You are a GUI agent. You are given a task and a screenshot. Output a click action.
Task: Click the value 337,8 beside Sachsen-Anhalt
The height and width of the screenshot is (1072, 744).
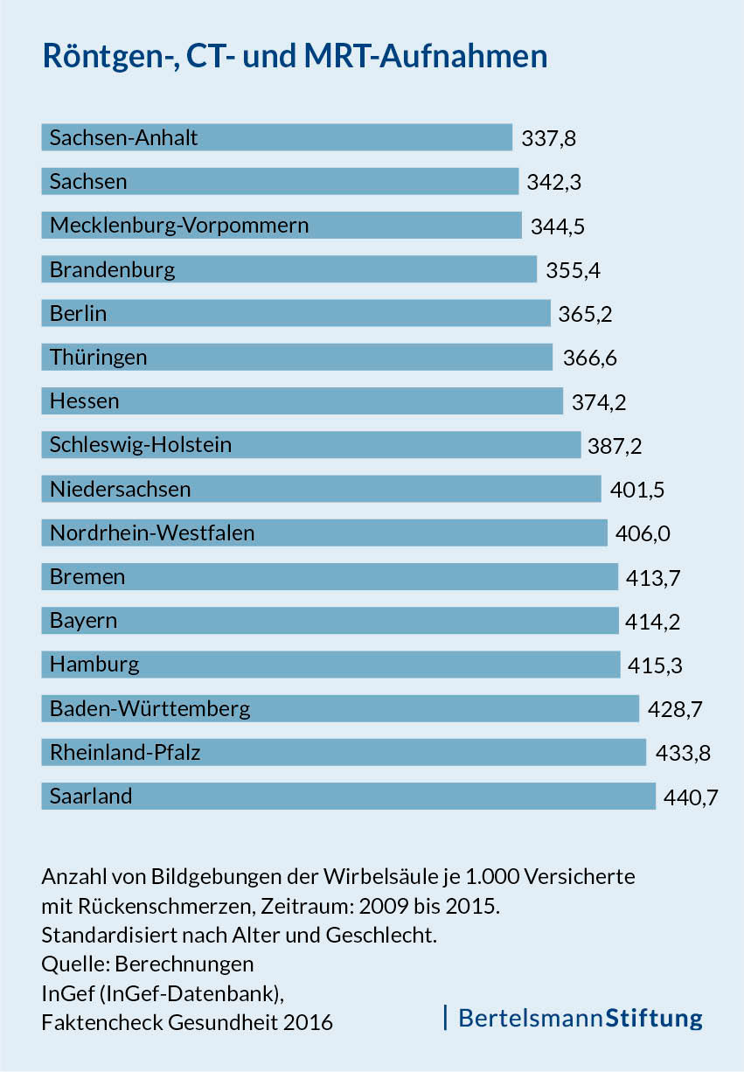[549, 138]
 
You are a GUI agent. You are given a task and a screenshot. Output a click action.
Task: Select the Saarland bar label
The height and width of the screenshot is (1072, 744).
[91, 797]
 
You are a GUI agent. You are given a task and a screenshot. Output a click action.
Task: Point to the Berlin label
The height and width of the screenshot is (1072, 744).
[79, 313]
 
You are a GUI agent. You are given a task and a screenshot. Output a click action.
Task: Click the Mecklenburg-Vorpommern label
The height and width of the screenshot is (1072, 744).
[179, 226]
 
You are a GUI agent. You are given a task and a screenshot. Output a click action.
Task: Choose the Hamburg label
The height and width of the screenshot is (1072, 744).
[94, 665]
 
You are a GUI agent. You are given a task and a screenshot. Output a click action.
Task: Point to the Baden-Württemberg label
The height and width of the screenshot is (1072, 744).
[149, 708]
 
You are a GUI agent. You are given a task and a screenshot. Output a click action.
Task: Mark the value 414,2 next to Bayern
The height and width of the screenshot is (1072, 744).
[653, 622]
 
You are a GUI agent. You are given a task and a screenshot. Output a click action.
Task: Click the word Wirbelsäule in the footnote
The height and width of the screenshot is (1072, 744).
[392, 876]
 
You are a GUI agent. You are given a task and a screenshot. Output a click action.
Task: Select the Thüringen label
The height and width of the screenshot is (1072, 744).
[98, 358]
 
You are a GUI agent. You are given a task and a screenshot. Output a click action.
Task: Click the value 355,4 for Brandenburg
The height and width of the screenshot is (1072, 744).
[573, 270]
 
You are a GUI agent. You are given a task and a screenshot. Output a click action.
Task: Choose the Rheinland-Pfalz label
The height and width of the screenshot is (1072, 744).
[125, 752]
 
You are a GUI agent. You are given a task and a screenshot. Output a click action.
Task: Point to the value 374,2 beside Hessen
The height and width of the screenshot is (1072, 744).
[599, 402]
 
